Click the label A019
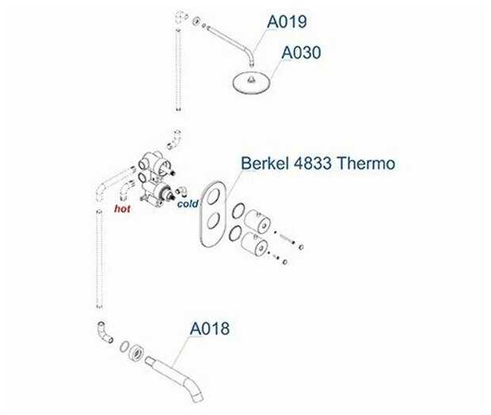(x=286, y=21)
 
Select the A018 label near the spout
(x=209, y=328)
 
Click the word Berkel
(x=265, y=164)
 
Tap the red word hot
(x=122, y=210)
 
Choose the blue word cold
(x=188, y=204)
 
